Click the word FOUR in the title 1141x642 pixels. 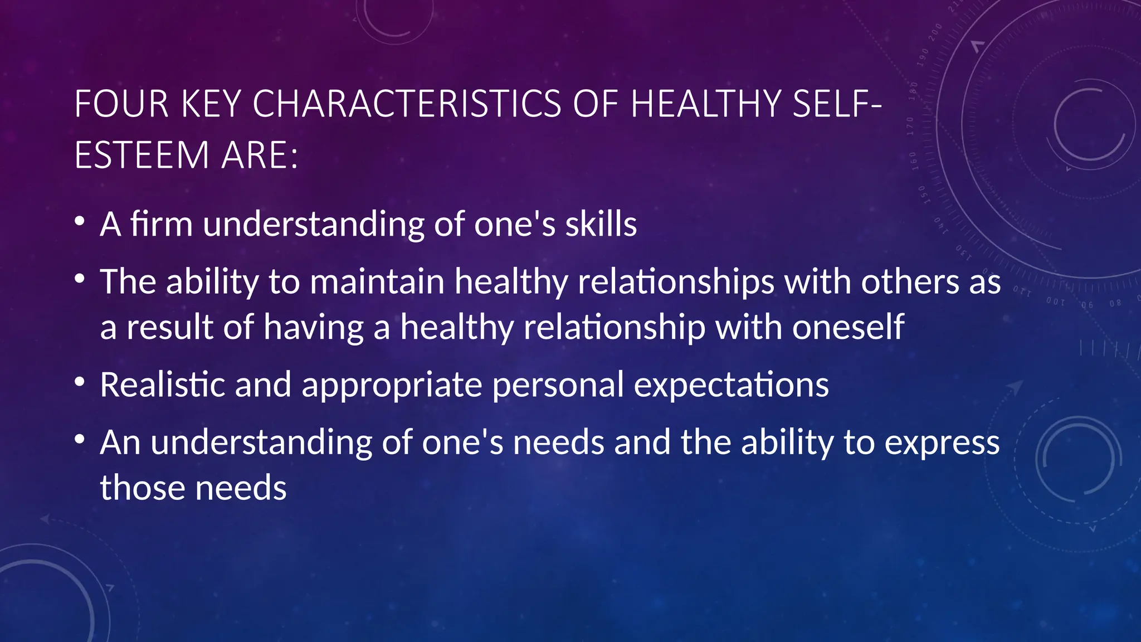(121, 104)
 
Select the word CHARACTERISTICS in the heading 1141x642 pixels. (407, 104)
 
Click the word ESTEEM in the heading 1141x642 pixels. (142, 155)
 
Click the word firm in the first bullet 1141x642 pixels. (162, 224)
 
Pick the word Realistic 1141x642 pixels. (162, 385)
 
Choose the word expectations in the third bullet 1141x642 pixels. (731, 385)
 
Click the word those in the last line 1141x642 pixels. (142, 488)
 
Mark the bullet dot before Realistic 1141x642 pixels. (80, 382)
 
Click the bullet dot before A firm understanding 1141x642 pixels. (80, 222)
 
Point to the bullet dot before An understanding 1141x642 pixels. (80, 440)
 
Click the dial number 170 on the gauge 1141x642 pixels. (910, 127)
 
